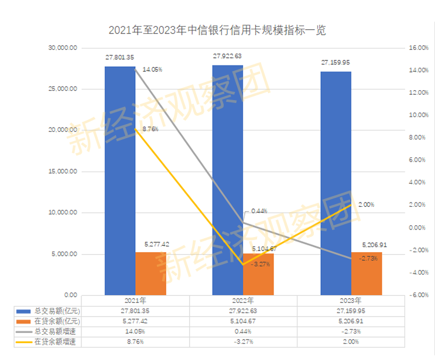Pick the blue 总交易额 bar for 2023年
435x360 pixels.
coord(335,187)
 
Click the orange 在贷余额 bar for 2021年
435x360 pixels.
coord(150,274)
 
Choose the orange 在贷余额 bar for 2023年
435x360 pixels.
coord(367,274)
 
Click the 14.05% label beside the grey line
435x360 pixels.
coord(152,70)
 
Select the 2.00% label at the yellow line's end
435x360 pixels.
coord(366,204)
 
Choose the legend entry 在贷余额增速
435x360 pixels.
coord(55,342)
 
